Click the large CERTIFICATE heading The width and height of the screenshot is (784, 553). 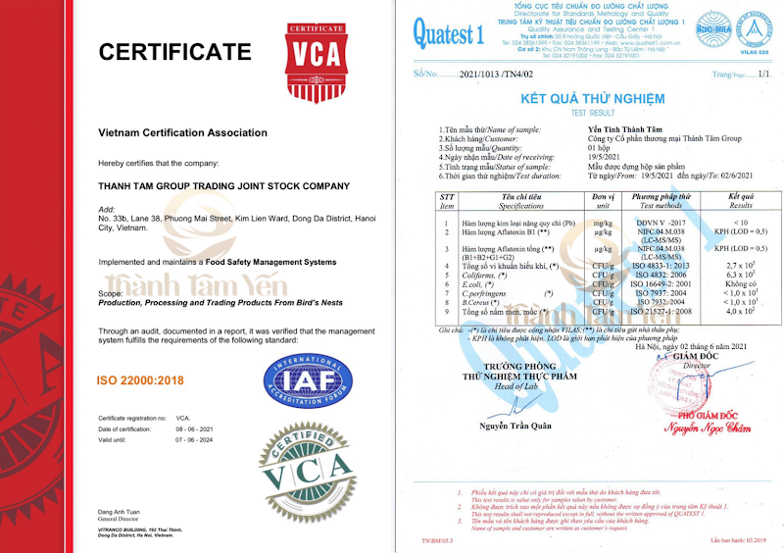[174, 52]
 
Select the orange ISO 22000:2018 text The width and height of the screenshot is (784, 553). [140, 379]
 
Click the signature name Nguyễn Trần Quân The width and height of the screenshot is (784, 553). [514, 424]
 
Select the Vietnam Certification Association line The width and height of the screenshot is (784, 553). [182, 132]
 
